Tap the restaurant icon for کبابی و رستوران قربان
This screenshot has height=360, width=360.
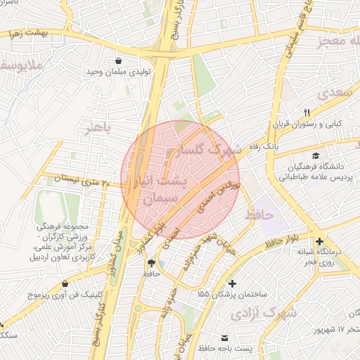[x=307, y=112]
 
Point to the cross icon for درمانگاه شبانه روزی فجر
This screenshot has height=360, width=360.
[x=320, y=241]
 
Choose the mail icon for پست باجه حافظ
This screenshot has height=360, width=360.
[x=224, y=338]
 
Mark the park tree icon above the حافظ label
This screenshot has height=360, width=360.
[x=151, y=262]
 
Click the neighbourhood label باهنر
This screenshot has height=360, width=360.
[x=98, y=129]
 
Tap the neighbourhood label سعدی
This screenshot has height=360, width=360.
[x=333, y=92]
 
